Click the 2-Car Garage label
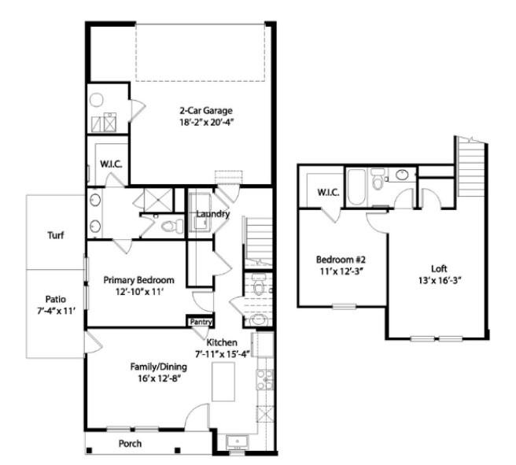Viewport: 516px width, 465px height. (x=205, y=110)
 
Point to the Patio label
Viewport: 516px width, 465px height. (x=55, y=299)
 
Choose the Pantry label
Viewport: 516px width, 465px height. (x=198, y=321)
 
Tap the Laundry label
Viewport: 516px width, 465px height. (x=212, y=214)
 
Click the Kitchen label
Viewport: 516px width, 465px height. (x=223, y=343)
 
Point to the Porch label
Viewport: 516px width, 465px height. (x=130, y=444)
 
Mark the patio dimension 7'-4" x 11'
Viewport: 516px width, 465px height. (x=55, y=312)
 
